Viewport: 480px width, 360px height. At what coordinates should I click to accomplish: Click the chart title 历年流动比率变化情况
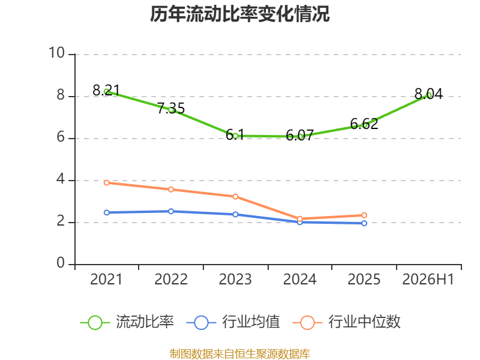click(239, 14)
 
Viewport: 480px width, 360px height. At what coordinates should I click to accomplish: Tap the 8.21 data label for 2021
click(106, 91)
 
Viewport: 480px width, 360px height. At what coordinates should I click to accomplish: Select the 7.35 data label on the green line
click(171, 108)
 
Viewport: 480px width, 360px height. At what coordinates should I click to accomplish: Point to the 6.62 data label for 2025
click(364, 124)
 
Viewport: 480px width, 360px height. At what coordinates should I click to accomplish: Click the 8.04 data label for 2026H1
click(428, 94)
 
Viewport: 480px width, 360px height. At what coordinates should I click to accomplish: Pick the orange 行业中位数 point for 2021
click(107, 183)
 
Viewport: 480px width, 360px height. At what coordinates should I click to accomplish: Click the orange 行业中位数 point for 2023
click(235, 197)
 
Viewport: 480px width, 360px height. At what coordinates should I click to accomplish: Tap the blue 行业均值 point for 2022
click(171, 211)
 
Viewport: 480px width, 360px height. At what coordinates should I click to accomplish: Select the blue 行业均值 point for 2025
click(364, 223)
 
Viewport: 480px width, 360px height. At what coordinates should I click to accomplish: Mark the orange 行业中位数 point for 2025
click(364, 215)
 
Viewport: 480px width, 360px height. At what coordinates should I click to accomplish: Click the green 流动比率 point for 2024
click(300, 137)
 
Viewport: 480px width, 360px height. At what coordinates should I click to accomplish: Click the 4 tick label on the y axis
click(61, 179)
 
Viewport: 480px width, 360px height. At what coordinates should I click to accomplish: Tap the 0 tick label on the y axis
click(61, 263)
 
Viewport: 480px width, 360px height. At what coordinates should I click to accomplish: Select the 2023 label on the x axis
click(235, 280)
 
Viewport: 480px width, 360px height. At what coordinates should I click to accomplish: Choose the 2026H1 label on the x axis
click(428, 280)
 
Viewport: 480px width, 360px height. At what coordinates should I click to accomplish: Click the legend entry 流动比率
click(127, 322)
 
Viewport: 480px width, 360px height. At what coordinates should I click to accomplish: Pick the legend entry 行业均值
click(233, 322)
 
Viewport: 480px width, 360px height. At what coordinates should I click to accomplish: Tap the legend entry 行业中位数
click(347, 322)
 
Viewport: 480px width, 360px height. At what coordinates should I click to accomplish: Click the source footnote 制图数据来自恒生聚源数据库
click(240, 354)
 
